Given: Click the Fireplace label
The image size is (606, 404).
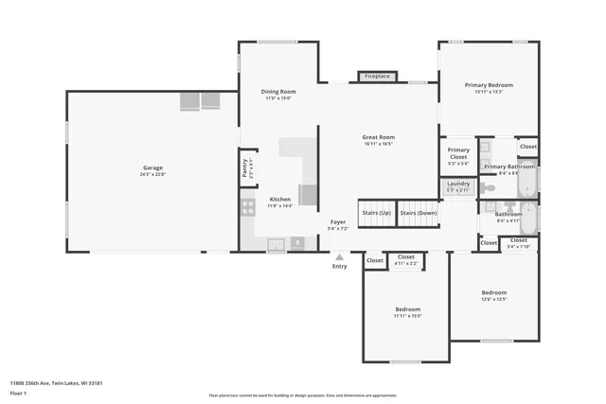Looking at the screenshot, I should click(377, 76).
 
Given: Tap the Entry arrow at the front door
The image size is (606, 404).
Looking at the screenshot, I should click(339, 256).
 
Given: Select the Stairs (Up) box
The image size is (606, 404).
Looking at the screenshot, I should click(376, 213).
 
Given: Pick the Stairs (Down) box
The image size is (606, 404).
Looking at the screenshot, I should click(418, 213).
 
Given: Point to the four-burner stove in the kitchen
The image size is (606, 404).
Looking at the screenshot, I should click(247, 207).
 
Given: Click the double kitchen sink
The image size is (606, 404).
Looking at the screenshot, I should click(276, 243).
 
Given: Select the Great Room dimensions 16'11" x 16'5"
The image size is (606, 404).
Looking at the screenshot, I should click(378, 144).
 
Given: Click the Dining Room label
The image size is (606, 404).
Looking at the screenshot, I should click(278, 92).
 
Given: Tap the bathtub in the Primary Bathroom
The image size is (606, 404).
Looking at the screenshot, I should click(528, 179).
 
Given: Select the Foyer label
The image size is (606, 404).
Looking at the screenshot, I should click(338, 221).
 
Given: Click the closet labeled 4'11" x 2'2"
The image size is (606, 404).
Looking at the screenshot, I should click(405, 258).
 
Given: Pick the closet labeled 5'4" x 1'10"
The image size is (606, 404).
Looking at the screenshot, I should click(519, 243).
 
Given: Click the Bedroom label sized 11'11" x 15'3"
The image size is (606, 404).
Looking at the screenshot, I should click(407, 309).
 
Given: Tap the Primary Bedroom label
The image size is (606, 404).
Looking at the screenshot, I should click(489, 85).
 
